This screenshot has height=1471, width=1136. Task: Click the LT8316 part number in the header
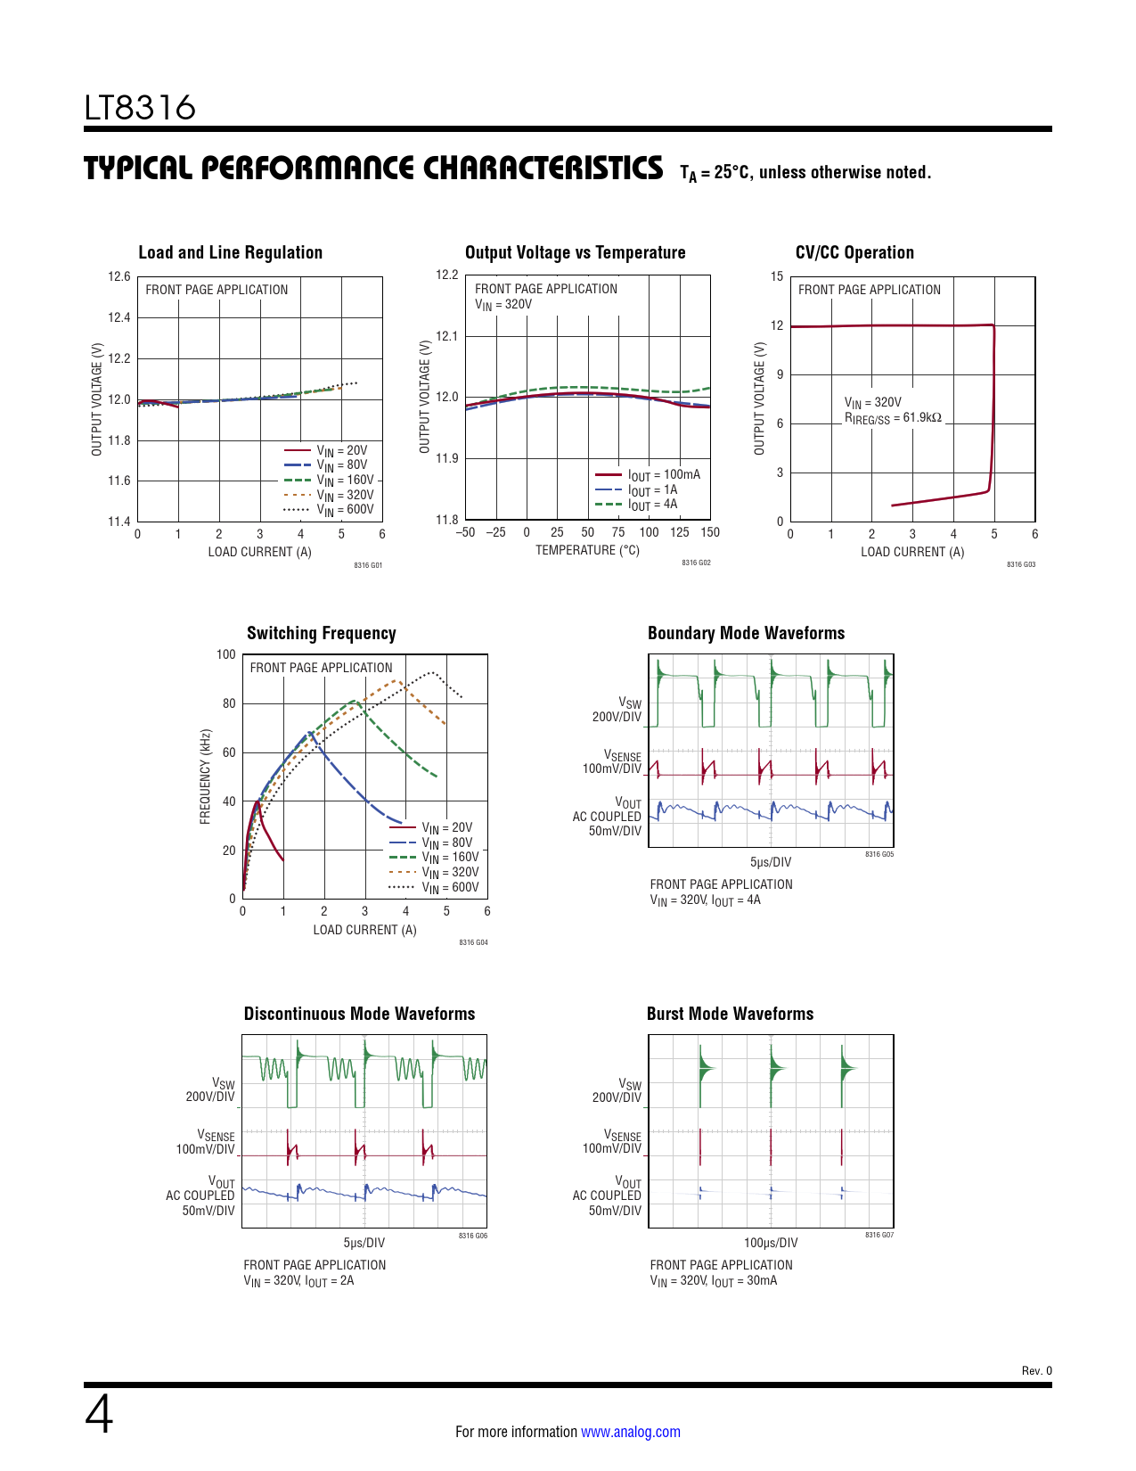(140, 108)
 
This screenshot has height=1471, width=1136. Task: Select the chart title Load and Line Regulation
(230, 252)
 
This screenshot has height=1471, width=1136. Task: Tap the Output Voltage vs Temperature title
(575, 252)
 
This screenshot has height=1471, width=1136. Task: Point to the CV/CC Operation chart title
(854, 252)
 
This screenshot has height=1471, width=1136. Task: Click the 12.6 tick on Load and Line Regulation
(119, 276)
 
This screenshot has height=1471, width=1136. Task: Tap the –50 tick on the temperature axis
(465, 532)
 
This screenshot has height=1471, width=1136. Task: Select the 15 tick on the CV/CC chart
(777, 276)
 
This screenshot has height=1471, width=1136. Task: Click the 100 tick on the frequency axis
(225, 654)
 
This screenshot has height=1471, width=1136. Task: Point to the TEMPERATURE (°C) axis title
(587, 550)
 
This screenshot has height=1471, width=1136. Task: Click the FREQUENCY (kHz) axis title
(205, 777)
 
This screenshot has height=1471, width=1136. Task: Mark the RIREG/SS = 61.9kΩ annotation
(893, 417)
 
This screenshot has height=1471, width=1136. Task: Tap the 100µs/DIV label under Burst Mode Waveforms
(771, 1243)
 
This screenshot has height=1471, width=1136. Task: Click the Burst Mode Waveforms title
(730, 1014)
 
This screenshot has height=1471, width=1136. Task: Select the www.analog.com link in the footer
(631, 1432)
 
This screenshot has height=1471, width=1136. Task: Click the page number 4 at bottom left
(99, 1415)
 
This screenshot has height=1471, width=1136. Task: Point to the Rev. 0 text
(1036, 1371)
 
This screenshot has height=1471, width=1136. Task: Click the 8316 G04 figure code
(473, 942)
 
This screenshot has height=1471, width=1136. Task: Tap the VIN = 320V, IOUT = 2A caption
(298, 1281)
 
